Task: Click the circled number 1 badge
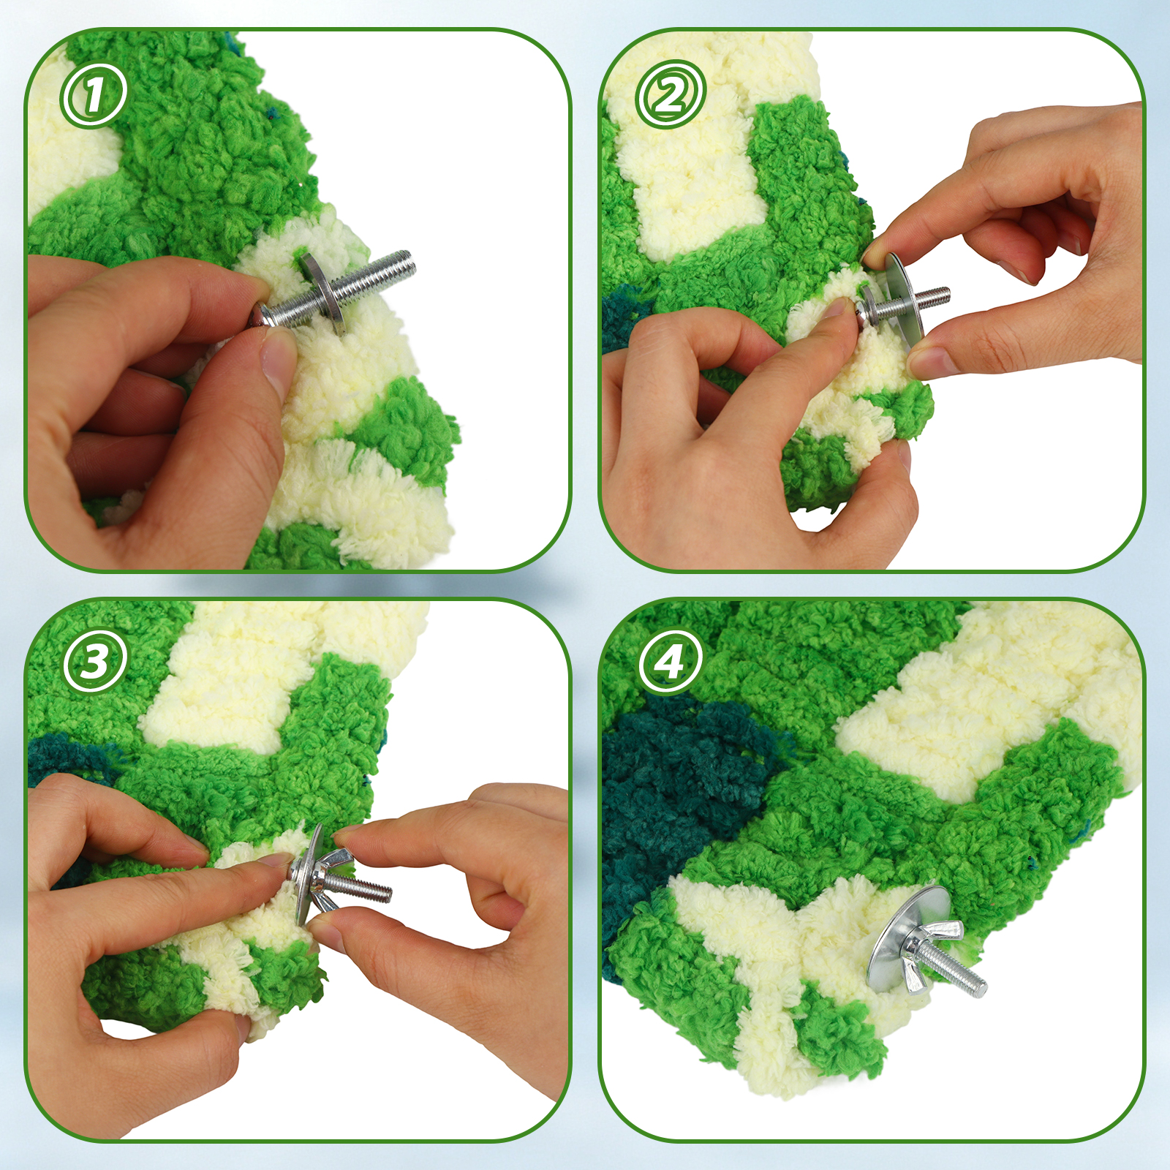(94, 94)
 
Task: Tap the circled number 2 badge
(670, 94)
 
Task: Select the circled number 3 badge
(94, 662)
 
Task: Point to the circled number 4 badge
(670, 662)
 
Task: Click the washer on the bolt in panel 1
(322, 292)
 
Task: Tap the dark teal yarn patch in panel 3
(69, 760)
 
